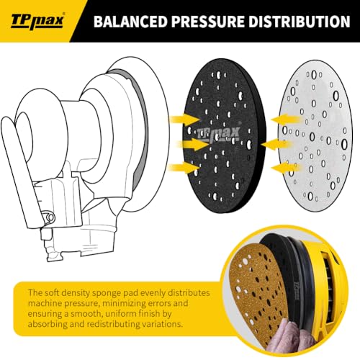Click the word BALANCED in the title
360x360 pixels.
click(130, 21)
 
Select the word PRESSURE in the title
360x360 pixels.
click(207, 21)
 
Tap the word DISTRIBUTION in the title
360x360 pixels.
click(300, 21)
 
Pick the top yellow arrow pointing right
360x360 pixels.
click(184, 119)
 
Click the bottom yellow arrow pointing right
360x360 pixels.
click(184, 167)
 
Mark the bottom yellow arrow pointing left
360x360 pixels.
click(286, 168)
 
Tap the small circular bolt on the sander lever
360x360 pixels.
click(50, 217)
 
